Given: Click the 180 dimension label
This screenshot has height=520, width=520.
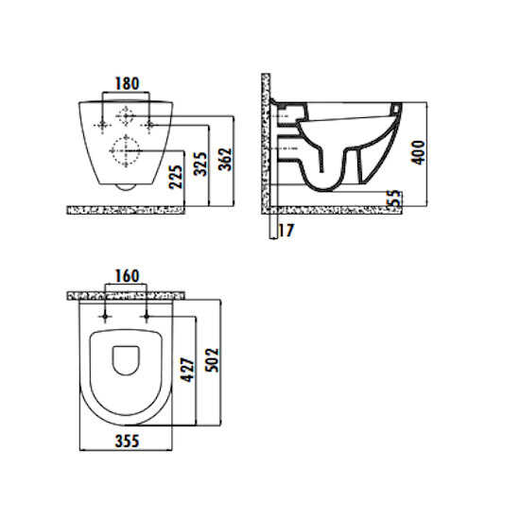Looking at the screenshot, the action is [x=127, y=83].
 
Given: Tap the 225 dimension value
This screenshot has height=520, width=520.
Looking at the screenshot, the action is [x=176, y=177].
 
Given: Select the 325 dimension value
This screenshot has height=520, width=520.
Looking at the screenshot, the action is [x=200, y=164].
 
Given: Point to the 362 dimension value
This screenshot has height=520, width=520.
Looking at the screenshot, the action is [x=225, y=159].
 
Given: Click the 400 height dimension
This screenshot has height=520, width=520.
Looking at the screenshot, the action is [x=418, y=152].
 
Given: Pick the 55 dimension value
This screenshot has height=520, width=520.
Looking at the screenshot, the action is [x=394, y=199].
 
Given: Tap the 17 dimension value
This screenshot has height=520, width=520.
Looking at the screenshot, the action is [x=286, y=230].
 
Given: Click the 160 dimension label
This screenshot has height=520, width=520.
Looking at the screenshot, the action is [x=127, y=276].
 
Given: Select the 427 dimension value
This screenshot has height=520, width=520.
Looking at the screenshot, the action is [x=187, y=370].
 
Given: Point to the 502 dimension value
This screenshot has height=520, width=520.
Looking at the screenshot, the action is [x=212, y=360].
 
